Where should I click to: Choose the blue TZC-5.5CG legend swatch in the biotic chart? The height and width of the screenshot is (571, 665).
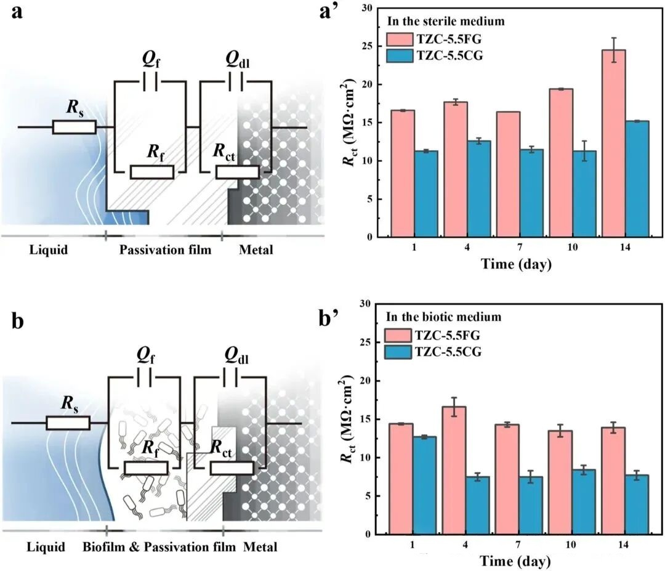tap(400, 352)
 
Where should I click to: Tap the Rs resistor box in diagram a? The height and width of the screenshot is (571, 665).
tap(74, 127)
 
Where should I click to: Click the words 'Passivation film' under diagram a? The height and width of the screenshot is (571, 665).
tap(165, 250)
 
